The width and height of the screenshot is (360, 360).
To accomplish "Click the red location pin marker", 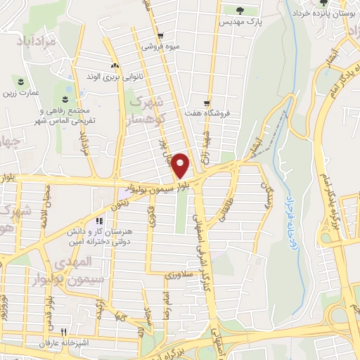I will point(181,165).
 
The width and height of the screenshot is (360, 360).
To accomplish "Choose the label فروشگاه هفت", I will point(220,112).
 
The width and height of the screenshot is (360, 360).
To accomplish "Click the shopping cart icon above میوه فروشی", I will point(160,36).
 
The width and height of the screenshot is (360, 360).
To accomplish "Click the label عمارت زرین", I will point(22,92).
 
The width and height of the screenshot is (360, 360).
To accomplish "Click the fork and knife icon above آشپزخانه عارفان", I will point(63,331).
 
